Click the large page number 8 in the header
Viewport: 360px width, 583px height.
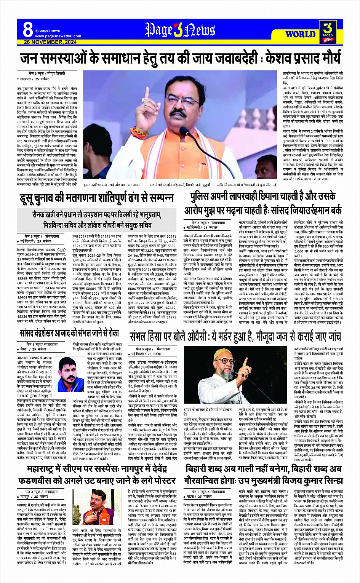(28, 29)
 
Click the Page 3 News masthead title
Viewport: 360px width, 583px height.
(180, 30)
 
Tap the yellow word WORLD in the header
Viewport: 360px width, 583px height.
(300, 34)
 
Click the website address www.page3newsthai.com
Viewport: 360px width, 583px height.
(58, 36)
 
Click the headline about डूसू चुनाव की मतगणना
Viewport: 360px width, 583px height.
(97, 198)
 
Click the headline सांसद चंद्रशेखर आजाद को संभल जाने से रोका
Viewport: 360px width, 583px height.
(70, 333)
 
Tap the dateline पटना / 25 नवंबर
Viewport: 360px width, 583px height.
(201, 497)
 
